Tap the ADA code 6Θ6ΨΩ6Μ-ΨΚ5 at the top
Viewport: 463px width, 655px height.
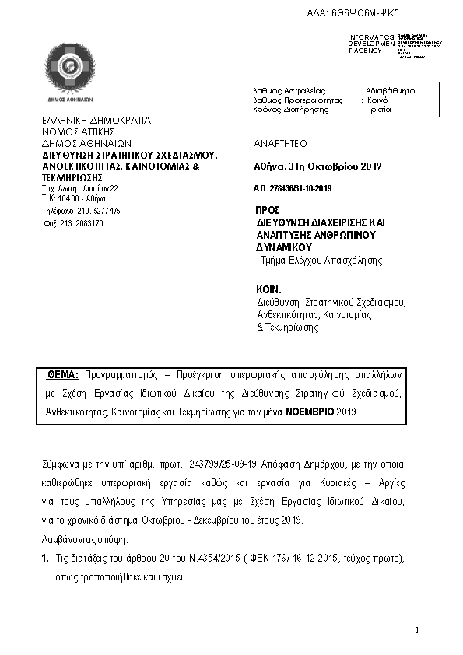377,14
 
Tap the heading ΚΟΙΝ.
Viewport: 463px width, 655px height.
268,288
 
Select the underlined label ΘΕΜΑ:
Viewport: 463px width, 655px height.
64,374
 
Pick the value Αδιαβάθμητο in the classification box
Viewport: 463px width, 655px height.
390,91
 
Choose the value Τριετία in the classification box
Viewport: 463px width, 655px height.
378,110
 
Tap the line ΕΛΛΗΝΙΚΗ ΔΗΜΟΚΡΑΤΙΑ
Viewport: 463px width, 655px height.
96,121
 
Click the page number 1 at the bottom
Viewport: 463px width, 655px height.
417,629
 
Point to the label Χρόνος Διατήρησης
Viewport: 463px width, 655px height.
288,110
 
